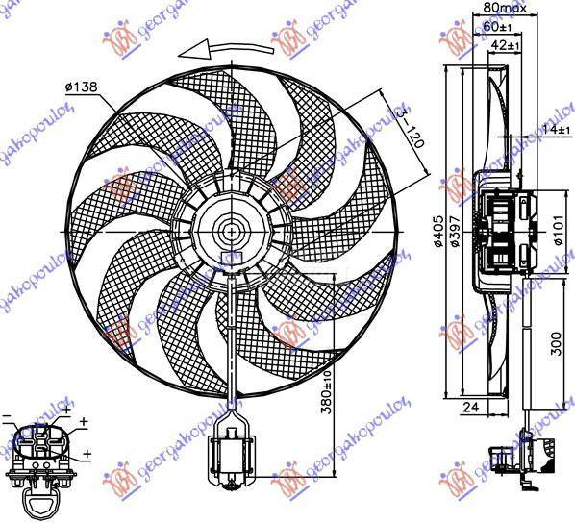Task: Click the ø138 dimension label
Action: tap(84, 87)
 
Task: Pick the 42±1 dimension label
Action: tap(504, 44)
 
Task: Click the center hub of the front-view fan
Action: tap(233, 231)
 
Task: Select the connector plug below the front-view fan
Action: tap(231, 449)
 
